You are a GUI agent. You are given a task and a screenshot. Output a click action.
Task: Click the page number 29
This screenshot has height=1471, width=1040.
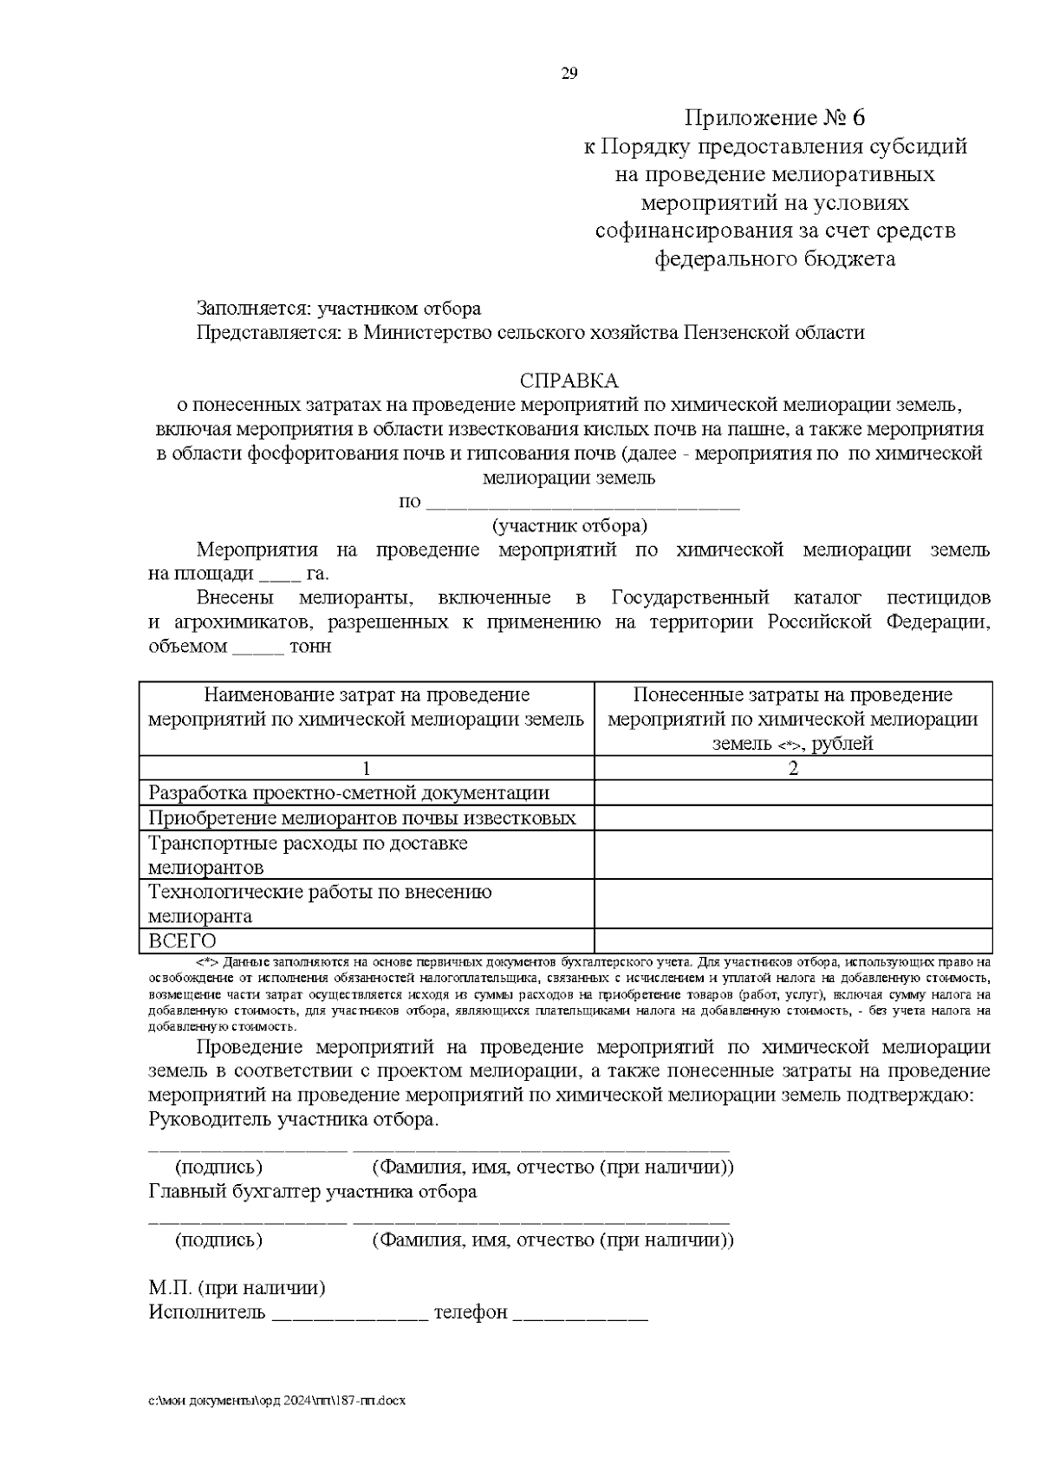pyautogui.click(x=569, y=73)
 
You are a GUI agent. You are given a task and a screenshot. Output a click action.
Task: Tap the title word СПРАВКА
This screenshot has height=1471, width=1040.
pyautogui.click(x=569, y=381)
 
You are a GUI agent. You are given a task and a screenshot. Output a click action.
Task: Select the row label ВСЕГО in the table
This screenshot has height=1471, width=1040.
pyautogui.click(x=183, y=941)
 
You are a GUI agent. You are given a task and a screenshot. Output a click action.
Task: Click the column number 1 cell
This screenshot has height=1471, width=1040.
pyautogui.click(x=367, y=768)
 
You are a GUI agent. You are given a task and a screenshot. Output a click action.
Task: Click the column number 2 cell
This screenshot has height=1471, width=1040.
pyautogui.click(x=793, y=768)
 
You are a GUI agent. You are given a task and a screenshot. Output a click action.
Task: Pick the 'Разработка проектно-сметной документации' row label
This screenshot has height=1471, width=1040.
pyautogui.click(x=349, y=792)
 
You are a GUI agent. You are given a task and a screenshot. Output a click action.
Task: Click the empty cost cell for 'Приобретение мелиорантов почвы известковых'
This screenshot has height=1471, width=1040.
pyautogui.click(x=793, y=817)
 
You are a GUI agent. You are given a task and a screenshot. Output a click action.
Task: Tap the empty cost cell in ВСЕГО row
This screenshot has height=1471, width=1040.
pyautogui.click(x=793, y=941)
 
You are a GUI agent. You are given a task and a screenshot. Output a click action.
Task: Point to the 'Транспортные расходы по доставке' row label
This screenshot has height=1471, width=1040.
pyautogui.click(x=308, y=843)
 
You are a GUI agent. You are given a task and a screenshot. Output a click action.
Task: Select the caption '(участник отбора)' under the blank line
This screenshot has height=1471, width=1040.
pyautogui.click(x=569, y=525)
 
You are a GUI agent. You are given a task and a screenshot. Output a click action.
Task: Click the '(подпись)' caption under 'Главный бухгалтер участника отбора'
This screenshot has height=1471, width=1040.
pyautogui.click(x=218, y=1240)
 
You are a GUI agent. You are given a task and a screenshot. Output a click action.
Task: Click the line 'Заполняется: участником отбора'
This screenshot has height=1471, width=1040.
pyautogui.click(x=339, y=309)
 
